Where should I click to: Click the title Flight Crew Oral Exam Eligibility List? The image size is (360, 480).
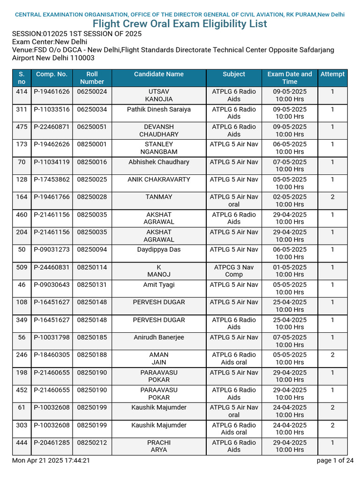[180, 24]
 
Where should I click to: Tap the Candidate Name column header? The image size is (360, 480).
[159, 74]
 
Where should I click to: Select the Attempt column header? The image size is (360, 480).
[332, 74]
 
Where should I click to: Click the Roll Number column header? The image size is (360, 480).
[92, 78]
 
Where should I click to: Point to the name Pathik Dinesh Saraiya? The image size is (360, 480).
[159, 109]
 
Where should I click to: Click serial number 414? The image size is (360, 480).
[22, 91]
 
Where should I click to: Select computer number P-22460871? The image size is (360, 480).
[52, 127]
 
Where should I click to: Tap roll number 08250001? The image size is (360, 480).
[92, 144]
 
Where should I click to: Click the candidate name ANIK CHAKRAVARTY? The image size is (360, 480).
[159, 180]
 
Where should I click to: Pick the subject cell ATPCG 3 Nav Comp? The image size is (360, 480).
[234, 271]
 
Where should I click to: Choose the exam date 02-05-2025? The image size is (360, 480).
[290, 197]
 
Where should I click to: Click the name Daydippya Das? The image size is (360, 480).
[159, 249]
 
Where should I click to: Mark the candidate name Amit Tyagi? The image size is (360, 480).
[159, 285]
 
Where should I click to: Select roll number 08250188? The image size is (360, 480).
[92, 355]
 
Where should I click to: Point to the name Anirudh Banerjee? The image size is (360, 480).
[159, 337]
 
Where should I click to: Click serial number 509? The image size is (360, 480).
[22, 267]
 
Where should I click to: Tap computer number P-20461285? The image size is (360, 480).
[52, 442]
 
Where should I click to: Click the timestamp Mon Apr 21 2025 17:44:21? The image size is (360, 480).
[51, 460]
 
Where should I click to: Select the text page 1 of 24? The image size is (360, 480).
[335, 460]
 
